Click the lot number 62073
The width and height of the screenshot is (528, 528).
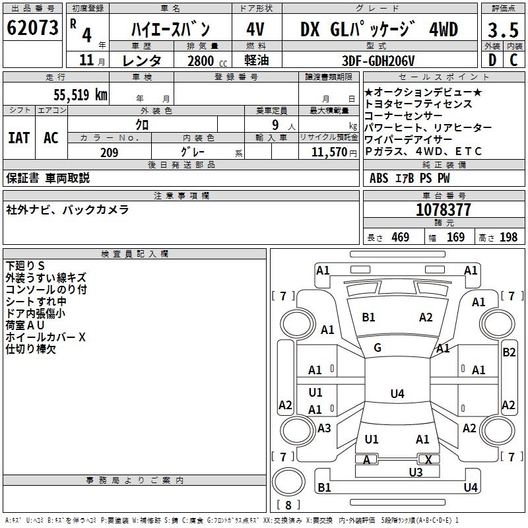click(x=32, y=28)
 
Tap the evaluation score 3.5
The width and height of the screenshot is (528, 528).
click(x=502, y=30)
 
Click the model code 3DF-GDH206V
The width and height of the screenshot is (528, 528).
click(x=379, y=61)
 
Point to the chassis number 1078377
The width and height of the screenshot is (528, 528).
click(x=443, y=210)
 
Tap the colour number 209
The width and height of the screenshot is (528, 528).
click(x=109, y=152)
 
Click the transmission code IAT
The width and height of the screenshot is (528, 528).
click(x=18, y=137)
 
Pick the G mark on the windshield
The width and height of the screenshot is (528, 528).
click(x=378, y=348)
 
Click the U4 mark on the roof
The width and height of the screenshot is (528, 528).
click(x=397, y=393)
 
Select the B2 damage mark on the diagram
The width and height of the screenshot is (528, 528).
click(x=509, y=352)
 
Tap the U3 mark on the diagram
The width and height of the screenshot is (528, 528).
click(x=415, y=472)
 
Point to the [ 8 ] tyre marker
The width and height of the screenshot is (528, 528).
click(x=288, y=505)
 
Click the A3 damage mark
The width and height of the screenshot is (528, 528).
click(x=324, y=428)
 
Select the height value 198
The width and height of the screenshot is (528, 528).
click(x=509, y=237)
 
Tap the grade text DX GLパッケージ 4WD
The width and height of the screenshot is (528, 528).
click(x=379, y=30)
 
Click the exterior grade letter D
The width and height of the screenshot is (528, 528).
click(x=492, y=61)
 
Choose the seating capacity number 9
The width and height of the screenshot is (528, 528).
click(x=274, y=124)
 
